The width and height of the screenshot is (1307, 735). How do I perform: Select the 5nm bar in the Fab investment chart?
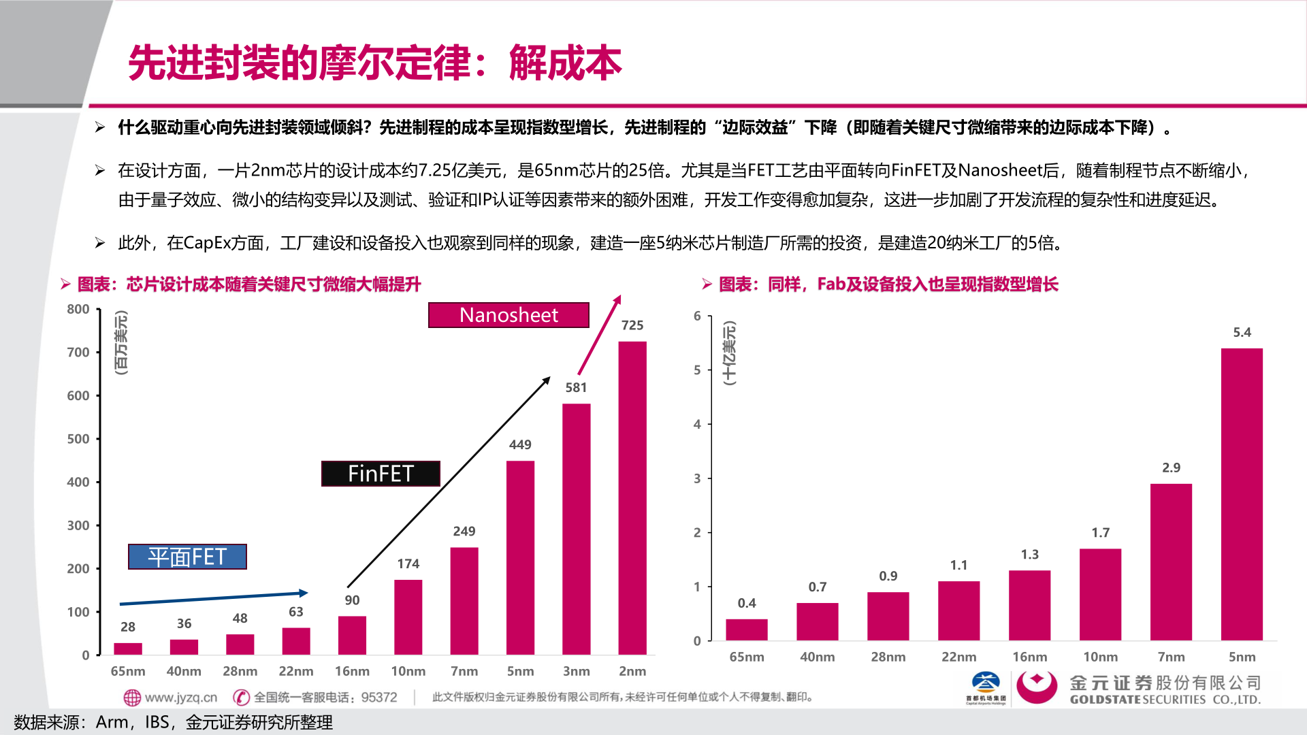(1241, 494)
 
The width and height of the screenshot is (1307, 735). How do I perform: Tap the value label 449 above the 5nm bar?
(520, 444)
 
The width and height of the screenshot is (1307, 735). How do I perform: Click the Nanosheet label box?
(509, 315)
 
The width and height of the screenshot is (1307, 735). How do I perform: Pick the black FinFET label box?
(381, 474)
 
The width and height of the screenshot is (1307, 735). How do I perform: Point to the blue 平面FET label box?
(187, 557)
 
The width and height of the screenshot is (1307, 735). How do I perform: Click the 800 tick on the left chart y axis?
(78, 309)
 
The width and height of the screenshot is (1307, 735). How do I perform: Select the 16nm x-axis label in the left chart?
(352, 671)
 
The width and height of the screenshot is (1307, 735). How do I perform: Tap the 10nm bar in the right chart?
(1100, 594)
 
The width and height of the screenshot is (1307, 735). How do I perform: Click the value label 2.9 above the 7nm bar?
(1171, 468)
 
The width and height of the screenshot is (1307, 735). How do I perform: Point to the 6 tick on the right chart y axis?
(697, 316)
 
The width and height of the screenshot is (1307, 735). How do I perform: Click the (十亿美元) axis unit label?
(729, 353)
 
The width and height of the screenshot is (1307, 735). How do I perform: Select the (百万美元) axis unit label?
(121, 342)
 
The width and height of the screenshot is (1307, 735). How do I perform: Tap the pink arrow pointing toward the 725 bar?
(599, 335)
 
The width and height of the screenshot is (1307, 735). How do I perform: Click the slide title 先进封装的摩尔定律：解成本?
(374, 63)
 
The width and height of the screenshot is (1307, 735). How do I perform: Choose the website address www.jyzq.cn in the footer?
(180, 697)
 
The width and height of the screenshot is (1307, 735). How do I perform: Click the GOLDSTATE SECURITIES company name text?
(1165, 700)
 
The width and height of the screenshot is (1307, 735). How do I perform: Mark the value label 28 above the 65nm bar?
(128, 627)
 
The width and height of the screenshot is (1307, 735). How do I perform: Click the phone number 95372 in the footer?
(379, 697)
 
